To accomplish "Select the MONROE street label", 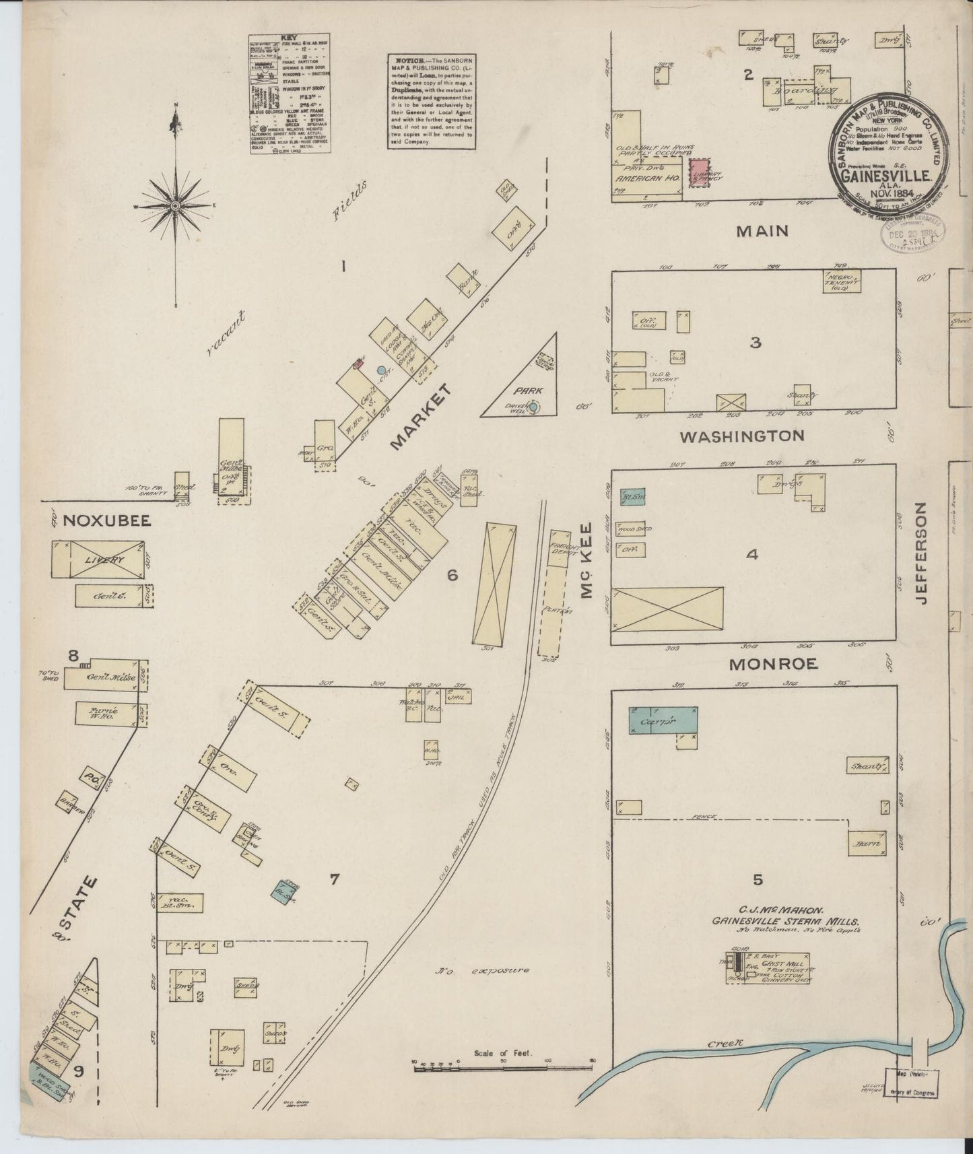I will point(774,664).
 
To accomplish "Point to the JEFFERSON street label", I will point(921,553).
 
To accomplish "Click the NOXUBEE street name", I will point(106,520).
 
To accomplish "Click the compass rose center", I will point(176,205).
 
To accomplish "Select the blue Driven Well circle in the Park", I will point(534,407).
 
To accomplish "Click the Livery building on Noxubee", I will point(100,559).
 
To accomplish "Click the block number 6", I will point(452,575).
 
